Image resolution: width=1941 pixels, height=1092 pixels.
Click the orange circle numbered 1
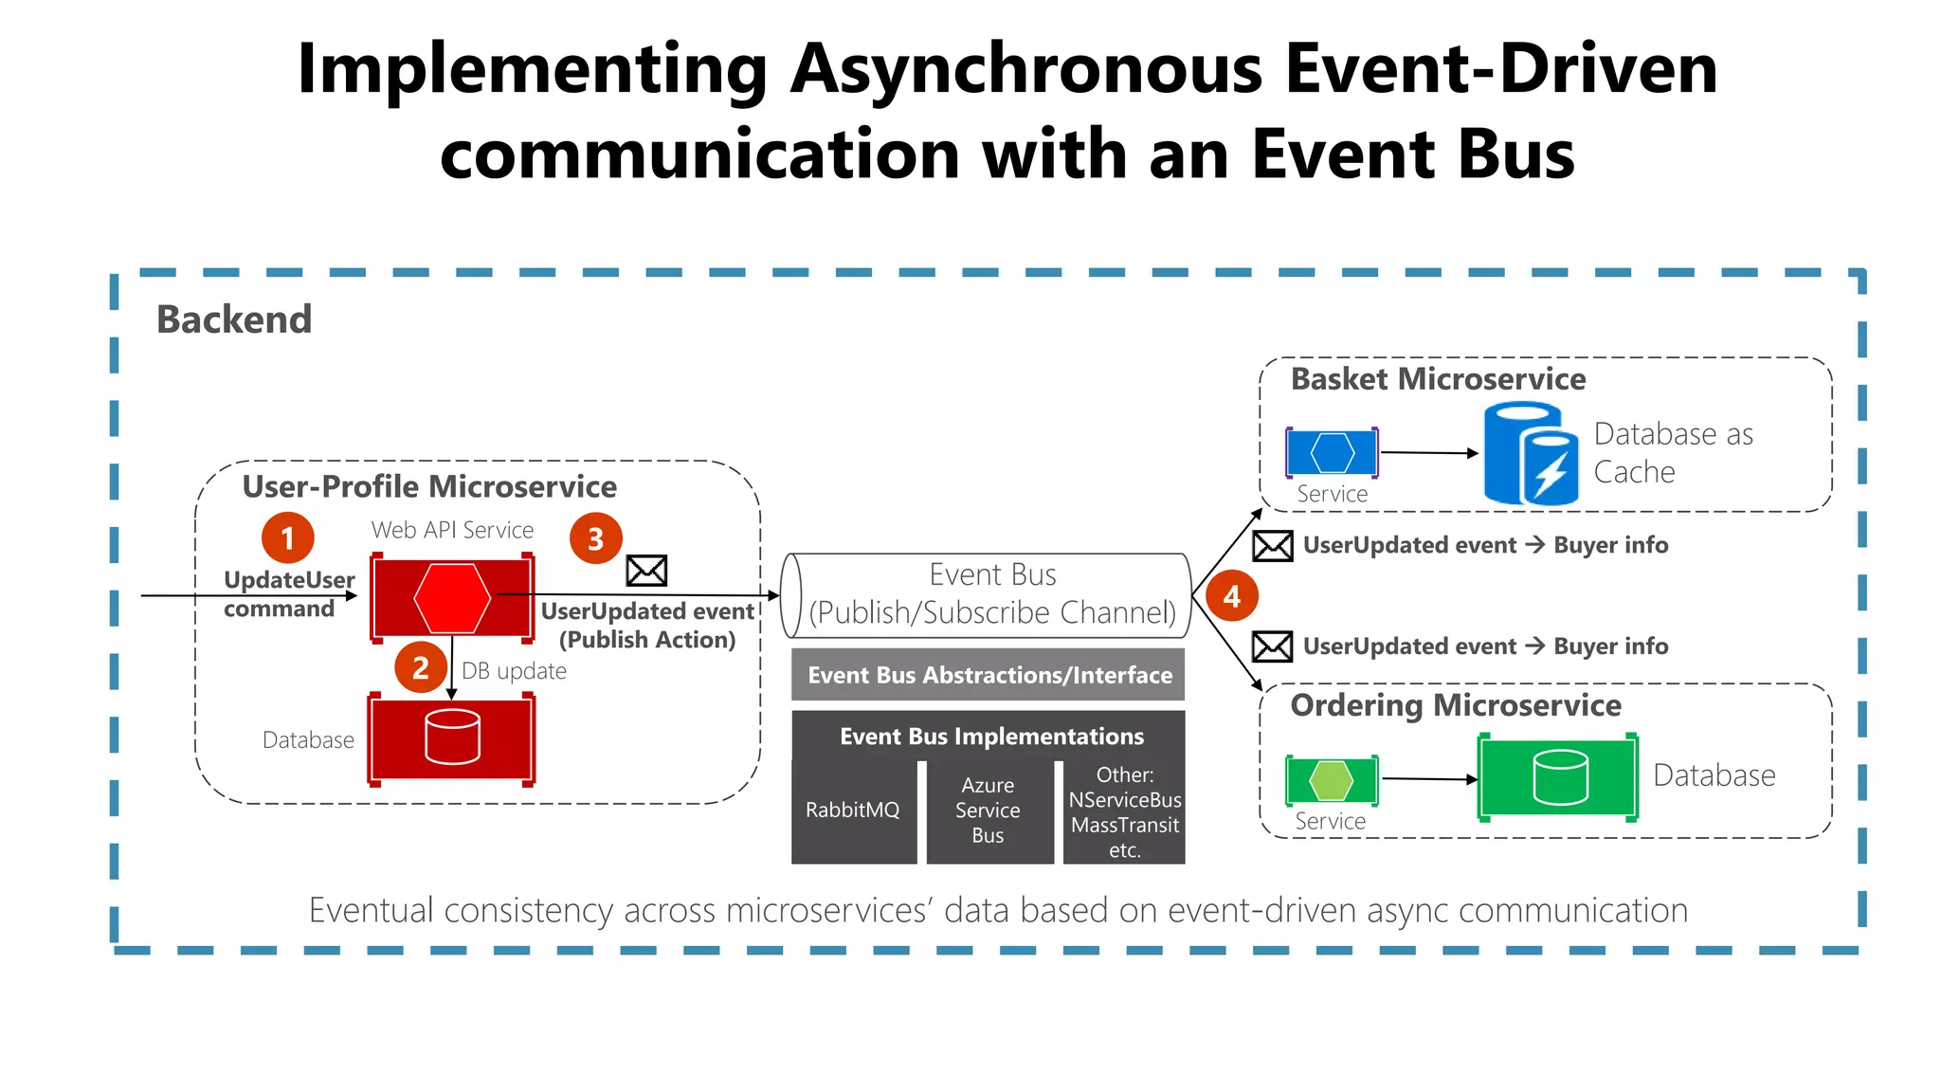click(287, 538)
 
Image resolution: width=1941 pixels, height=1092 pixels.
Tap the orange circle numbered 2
click(421, 667)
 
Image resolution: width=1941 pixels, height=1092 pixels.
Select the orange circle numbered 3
click(595, 538)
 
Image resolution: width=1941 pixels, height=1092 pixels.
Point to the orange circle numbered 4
click(1231, 595)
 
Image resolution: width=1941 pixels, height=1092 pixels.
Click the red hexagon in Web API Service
click(452, 598)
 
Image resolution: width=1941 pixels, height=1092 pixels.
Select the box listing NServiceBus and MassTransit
click(1124, 811)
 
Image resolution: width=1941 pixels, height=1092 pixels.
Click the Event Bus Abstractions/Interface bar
click(989, 675)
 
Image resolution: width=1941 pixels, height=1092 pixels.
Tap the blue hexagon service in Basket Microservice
click(1332, 453)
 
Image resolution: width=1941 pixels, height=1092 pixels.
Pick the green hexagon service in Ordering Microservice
click(1332, 780)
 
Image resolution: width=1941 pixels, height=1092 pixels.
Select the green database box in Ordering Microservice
click(1558, 777)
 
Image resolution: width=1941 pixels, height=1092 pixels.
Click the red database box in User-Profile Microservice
click(451, 738)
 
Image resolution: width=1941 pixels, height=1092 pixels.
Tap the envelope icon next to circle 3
click(646, 571)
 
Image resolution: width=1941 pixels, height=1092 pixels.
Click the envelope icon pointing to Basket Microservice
click(1272, 546)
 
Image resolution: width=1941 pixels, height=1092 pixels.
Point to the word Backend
click(234, 319)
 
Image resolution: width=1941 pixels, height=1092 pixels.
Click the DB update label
click(514, 671)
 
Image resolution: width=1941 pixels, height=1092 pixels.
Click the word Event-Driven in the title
click(1501, 69)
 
